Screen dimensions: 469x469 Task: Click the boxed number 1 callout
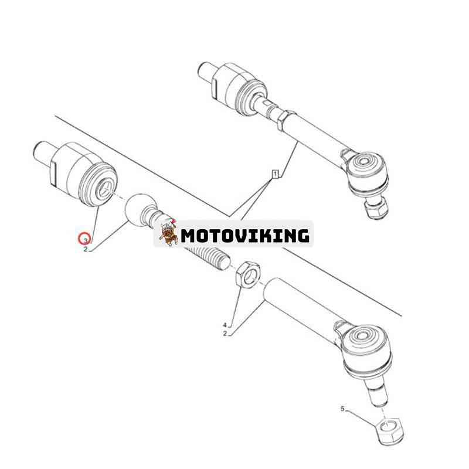(x=275, y=174)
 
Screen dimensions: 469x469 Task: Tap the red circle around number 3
(x=84, y=239)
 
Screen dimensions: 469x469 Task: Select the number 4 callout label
(x=225, y=325)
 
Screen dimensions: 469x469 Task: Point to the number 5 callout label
(x=342, y=409)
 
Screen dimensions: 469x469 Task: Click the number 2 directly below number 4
(x=225, y=334)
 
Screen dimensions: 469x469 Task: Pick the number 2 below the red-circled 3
(x=86, y=249)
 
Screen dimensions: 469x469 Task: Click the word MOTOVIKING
(x=245, y=236)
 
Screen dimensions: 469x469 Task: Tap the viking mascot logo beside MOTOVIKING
(x=168, y=232)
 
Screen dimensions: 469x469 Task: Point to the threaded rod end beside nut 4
(x=209, y=255)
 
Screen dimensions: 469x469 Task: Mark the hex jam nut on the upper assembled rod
(x=286, y=120)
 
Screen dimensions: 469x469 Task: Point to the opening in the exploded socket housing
(x=105, y=190)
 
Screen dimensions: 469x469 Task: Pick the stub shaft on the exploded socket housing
(x=43, y=154)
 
